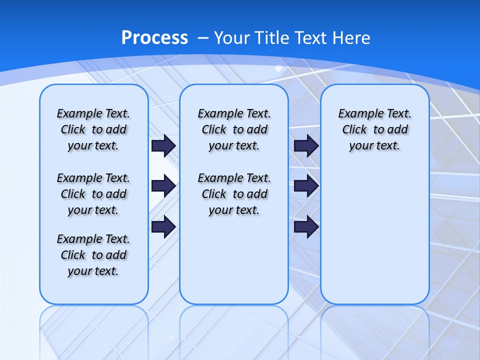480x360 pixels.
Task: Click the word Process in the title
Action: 154,37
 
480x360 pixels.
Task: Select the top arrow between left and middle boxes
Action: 163,145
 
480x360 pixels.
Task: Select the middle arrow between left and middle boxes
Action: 163,186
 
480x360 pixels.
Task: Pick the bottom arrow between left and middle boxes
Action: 163,226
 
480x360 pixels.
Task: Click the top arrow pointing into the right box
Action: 306,145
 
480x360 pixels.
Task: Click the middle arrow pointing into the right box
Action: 306,186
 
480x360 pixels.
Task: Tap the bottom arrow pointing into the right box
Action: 306,226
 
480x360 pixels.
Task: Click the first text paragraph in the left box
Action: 93,129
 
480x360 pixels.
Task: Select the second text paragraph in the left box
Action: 93,194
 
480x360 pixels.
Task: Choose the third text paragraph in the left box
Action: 93,255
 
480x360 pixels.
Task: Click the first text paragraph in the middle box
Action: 234,129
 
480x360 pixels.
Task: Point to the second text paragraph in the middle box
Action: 234,194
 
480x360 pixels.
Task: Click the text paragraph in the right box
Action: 374,129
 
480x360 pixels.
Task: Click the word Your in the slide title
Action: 232,38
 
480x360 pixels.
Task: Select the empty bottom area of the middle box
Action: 234,265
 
